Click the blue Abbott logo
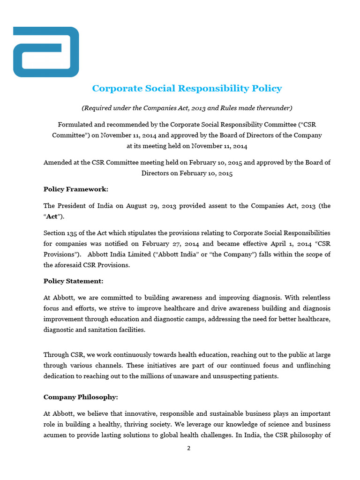[46, 52]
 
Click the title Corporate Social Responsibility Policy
[187, 88]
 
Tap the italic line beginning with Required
[187, 108]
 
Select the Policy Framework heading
[76, 189]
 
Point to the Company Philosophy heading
[81, 397]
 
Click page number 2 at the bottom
[188, 448]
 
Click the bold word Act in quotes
[52, 217]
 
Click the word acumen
[56, 435]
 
